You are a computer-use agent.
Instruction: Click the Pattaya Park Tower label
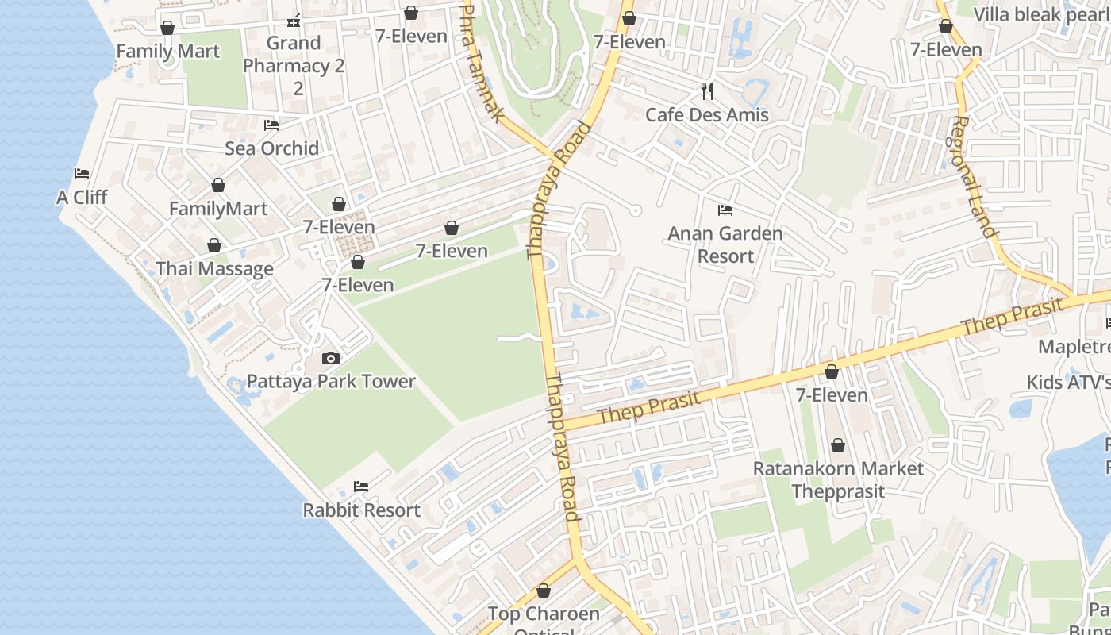pos(331,381)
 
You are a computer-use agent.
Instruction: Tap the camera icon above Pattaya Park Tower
pos(331,359)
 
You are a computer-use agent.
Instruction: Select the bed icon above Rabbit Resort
pos(361,486)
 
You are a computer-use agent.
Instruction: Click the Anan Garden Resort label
pos(725,244)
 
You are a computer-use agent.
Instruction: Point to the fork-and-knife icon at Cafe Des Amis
pos(707,91)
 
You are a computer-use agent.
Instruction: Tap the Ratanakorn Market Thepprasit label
pos(838,479)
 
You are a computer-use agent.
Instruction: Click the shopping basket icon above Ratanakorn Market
pos(838,445)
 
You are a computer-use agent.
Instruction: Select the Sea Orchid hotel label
pos(271,148)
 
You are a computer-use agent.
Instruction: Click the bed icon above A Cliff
pos(82,174)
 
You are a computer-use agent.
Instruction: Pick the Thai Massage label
pos(214,268)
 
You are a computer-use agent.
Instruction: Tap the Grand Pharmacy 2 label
pos(294,65)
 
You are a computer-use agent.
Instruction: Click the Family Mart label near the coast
pos(167,52)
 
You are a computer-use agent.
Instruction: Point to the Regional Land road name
pos(973,176)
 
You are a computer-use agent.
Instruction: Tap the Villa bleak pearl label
pos(1040,14)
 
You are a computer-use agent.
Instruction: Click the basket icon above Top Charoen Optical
pos(544,591)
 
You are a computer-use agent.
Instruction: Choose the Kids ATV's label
pos(1068,382)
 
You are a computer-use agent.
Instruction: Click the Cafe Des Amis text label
pos(707,114)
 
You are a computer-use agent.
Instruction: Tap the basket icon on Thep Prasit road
pos(832,371)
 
